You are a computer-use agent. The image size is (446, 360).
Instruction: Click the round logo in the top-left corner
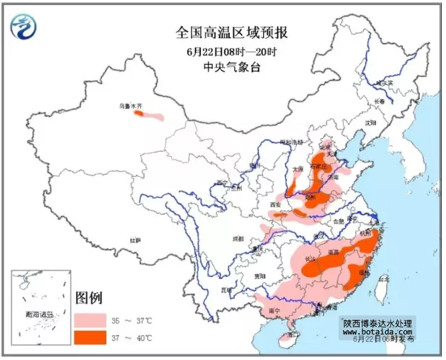pyautogui.click(x=23, y=26)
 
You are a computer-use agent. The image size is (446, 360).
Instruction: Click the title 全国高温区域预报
pyautogui.click(x=231, y=32)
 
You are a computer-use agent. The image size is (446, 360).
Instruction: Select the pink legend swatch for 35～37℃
pyautogui.click(x=90, y=320)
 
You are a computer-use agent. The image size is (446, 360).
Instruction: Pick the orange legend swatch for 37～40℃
pyautogui.click(x=90, y=338)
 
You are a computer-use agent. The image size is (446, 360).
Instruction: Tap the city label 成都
pyautogui.click(x=238, y=238)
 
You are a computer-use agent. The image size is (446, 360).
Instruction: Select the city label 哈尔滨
pyautogui.click(x=384, y=83)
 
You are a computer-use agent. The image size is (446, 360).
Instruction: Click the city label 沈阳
pyautogui.click(x=371, y=123)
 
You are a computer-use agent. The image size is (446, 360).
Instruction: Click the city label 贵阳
pyautogui.click(x=259, y=275)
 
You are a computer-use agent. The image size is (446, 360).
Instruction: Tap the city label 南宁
pyautogui.click(x=273, y=312)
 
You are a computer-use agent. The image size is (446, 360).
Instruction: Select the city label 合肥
pyautogui.click(x=338, y=222)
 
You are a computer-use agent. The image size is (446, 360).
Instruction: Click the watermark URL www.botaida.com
pyautogui.click(x=378, y=332)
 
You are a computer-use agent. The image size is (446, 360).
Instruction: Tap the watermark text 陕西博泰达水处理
pyautogui.click(x=378, y=323)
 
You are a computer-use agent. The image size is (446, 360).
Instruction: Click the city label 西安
pyautogui.click(x=276, y=205)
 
